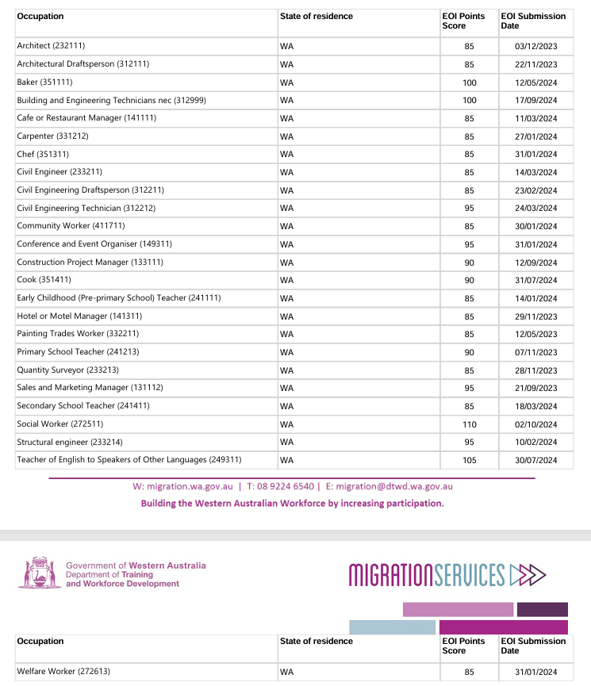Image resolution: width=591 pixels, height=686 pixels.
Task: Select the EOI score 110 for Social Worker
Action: [469, 424]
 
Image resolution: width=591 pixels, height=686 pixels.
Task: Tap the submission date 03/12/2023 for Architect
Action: [535, 47]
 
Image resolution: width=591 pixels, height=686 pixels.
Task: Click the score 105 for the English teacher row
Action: [469, 460]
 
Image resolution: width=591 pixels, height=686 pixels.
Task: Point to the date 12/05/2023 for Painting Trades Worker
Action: [535, 335]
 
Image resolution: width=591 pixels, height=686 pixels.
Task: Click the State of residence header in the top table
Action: [317, 17]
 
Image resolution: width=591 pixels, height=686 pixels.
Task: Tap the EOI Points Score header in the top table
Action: [463, 21]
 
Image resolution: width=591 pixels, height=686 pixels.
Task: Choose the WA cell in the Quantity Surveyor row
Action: [287, 370]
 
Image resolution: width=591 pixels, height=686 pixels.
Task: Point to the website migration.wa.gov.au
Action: [189, 486]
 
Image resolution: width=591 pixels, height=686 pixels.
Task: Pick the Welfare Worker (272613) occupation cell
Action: [63, 672]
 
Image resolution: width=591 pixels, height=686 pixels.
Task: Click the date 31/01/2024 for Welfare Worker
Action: [535, 673]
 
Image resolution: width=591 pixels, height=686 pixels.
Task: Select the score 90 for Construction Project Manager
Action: [469, 263]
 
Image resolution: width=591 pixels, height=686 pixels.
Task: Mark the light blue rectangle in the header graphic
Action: [392, 627]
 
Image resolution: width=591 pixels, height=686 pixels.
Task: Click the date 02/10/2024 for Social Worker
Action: [535, 424]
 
